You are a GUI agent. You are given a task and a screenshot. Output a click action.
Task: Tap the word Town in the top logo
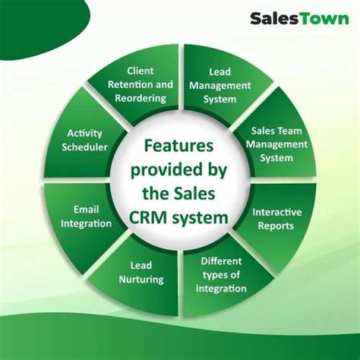(x=324, y=18)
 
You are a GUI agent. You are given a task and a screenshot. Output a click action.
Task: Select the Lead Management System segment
(x=221, y=84)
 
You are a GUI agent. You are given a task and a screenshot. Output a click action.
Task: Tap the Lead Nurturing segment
(x=141, y=273)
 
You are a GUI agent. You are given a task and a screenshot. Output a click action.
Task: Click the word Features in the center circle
(x=179, y=144)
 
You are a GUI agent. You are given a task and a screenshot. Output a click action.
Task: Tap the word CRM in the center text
(x=155, y=218)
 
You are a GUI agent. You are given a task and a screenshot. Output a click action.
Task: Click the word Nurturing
(x=141, y=279)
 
